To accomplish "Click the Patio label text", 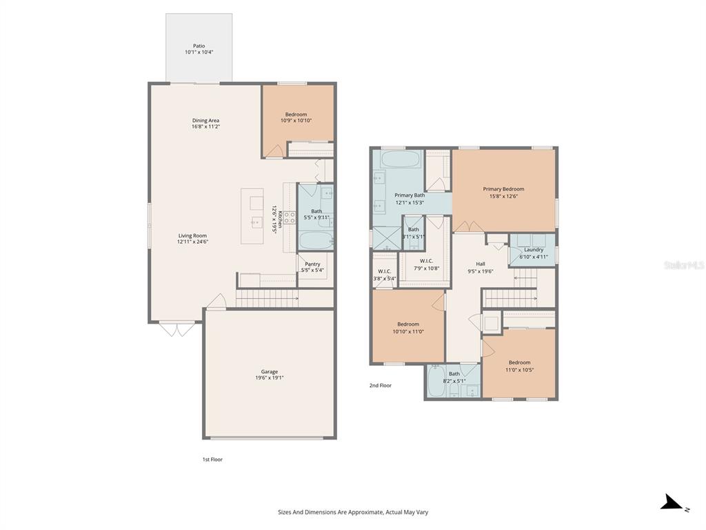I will pyautogui.click(x=199, y=46).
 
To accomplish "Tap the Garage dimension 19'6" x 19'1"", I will pyautogui.click(x=269, y=378).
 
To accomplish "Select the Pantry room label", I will pyautogui.click(x=312, y=264).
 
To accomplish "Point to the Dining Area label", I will pyautogui.click(x=205, y=121).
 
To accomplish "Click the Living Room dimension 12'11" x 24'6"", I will pyautogui.click(x=192, y=242).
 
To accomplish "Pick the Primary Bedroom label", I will pyautogui.click(x=503, y=189).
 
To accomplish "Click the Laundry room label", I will pyautogui.click(x=534, y=250).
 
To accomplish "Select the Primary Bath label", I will pyautogui.click(x=410, y=195).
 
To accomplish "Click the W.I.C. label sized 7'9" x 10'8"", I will pyautogui.click(x=426, y=260).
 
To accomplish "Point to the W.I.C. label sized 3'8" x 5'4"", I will pyautogui.click(x=384, y=271).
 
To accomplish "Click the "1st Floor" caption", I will pyautogui.click(x=212, y=459).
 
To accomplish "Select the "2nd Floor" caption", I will pyautogui.click(x=380, y=386).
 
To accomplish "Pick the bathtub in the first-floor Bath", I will pyautogui.click(x=316, y=241).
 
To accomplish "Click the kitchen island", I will pyautogui.click(x=252, y=216).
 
